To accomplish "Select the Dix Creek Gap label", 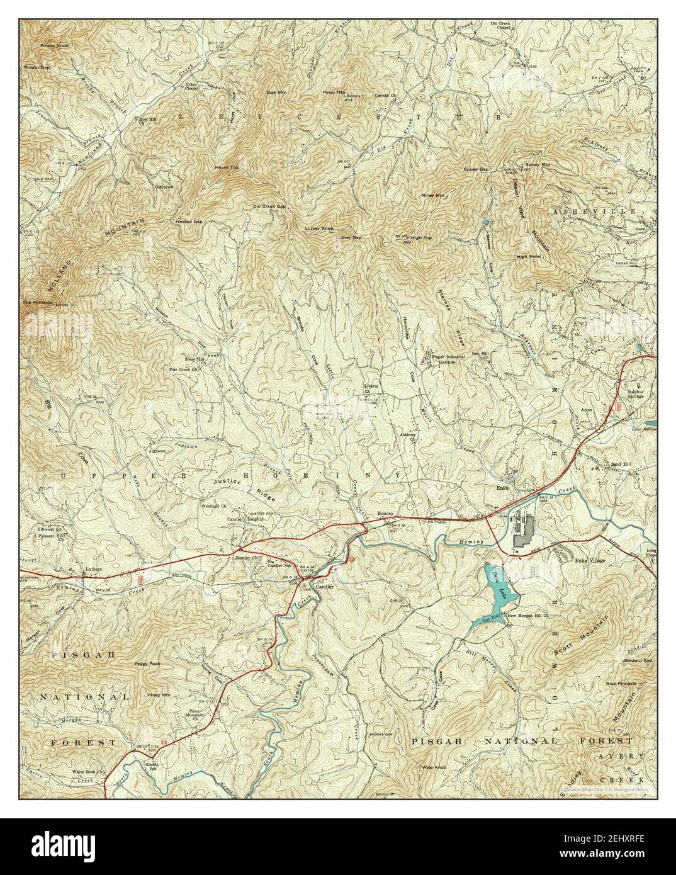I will pyautogui.click(x=269, y=206).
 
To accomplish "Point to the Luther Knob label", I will pyautogui.click(x=318, y=228).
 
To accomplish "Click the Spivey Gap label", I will pyautogui.click(x=476, y=169).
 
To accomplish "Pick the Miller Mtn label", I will pyautogui.click(x=432, y=195).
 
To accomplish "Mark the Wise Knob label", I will pyautogui.click(x=434, y=768).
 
